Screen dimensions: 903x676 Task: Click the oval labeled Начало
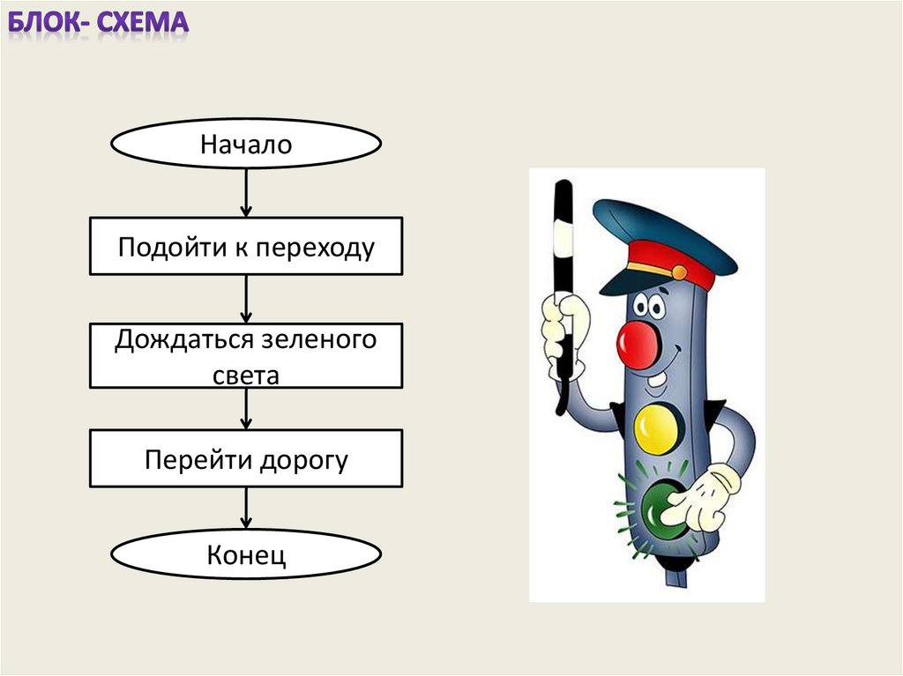click(245, 144)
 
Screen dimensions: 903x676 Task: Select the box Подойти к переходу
click(245, 247)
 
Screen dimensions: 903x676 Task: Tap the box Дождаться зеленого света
click(245, 356)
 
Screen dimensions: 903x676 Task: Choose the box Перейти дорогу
click(245, 459)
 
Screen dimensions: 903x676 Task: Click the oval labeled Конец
click(245, 555)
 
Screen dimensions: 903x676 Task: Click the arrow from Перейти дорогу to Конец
click(246, 509)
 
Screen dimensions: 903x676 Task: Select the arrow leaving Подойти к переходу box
click(246, 299)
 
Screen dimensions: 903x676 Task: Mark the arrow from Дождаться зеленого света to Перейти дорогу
click(246, 409)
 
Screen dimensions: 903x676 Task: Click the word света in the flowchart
click(245, 375)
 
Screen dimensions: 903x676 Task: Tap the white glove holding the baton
click(561, 331)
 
